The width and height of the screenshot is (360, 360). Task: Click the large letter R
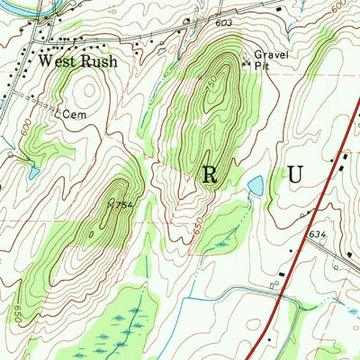(210, 175)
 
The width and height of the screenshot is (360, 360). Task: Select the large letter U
(295, 175)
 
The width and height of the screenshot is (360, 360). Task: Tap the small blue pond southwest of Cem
(33, 171)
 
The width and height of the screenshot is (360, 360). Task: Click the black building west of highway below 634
(283, 272)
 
